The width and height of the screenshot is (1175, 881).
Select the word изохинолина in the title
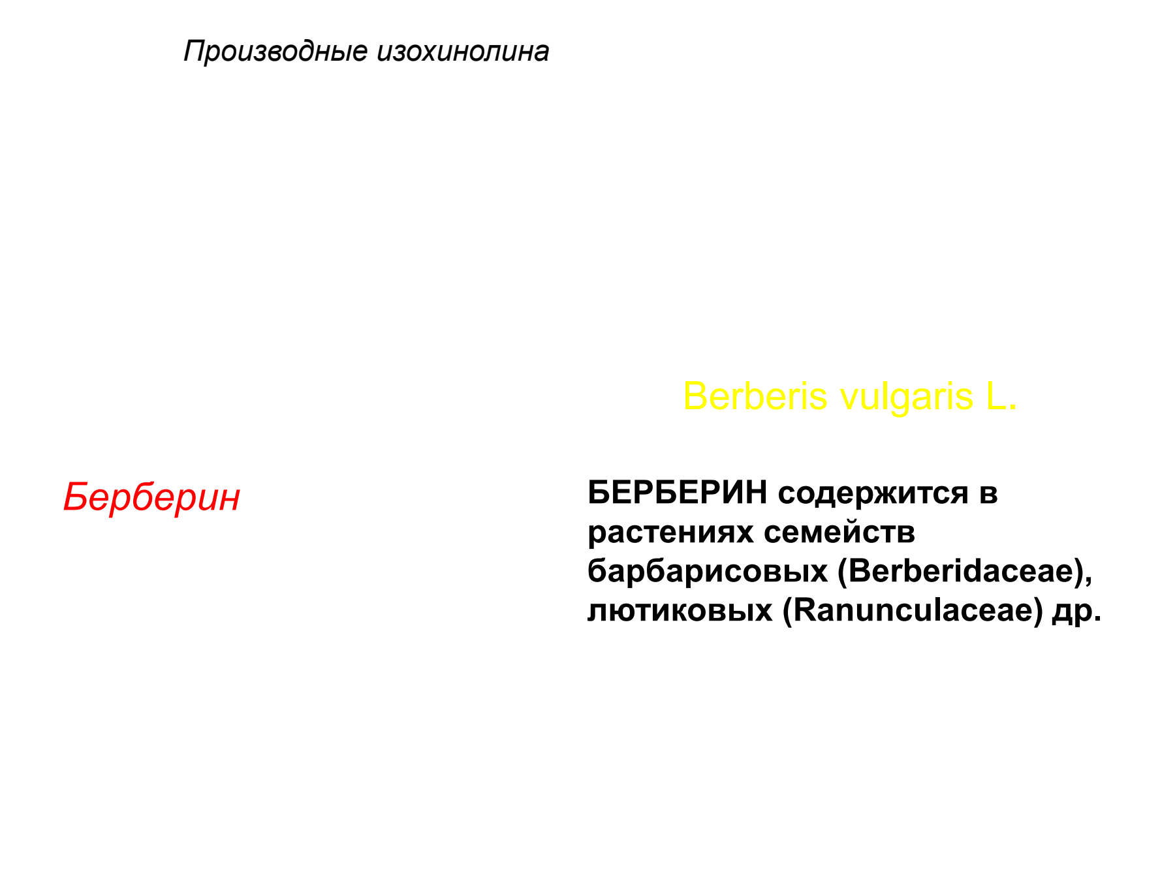[x=463, y=51]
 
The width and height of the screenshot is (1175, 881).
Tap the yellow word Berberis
[x=755, y=396]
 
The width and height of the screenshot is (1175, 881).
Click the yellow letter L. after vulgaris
[x=1001, y=396]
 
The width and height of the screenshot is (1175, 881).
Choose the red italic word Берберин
[x=151, y=497]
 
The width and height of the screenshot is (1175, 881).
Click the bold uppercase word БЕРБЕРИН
[x=678, y=493]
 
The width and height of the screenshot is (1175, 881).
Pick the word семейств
[x=839, y=533]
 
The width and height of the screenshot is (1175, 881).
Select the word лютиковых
[x=680, y=611]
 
